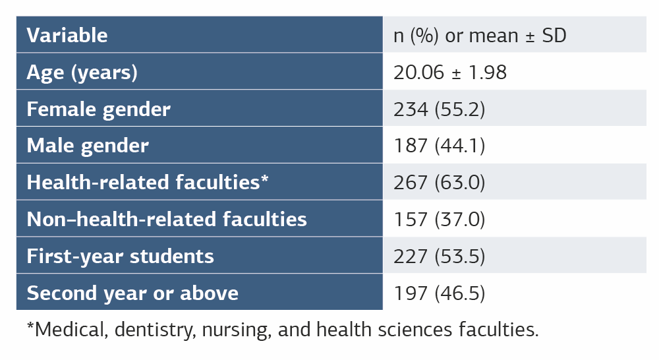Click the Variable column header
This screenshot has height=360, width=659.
(x=67, y=35)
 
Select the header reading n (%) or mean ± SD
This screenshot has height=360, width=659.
(x=480, y=35)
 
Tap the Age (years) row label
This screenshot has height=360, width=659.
(x=82, y=72)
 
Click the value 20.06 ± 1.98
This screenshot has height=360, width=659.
(x=450, y=72)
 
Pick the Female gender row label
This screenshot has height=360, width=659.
(x=99, y=109)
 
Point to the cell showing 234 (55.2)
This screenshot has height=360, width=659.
(x=439, y=109)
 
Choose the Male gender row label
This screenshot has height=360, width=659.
(x=88, y=146)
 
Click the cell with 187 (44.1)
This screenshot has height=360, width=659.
(x=439, y=146)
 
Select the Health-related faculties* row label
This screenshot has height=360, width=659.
(x=148, y=182)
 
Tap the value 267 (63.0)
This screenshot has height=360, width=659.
(x=440, y=182)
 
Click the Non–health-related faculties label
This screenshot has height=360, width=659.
(x=167, y=219)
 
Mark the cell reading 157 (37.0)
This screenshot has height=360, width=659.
(x=439, y=219)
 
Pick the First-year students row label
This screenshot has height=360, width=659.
(x=121, y=256)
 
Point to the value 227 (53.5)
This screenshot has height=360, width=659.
(x=439, y=256)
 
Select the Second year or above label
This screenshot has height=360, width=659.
(x=132, y=293)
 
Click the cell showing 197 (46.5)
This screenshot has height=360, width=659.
(x=439, y=293)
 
